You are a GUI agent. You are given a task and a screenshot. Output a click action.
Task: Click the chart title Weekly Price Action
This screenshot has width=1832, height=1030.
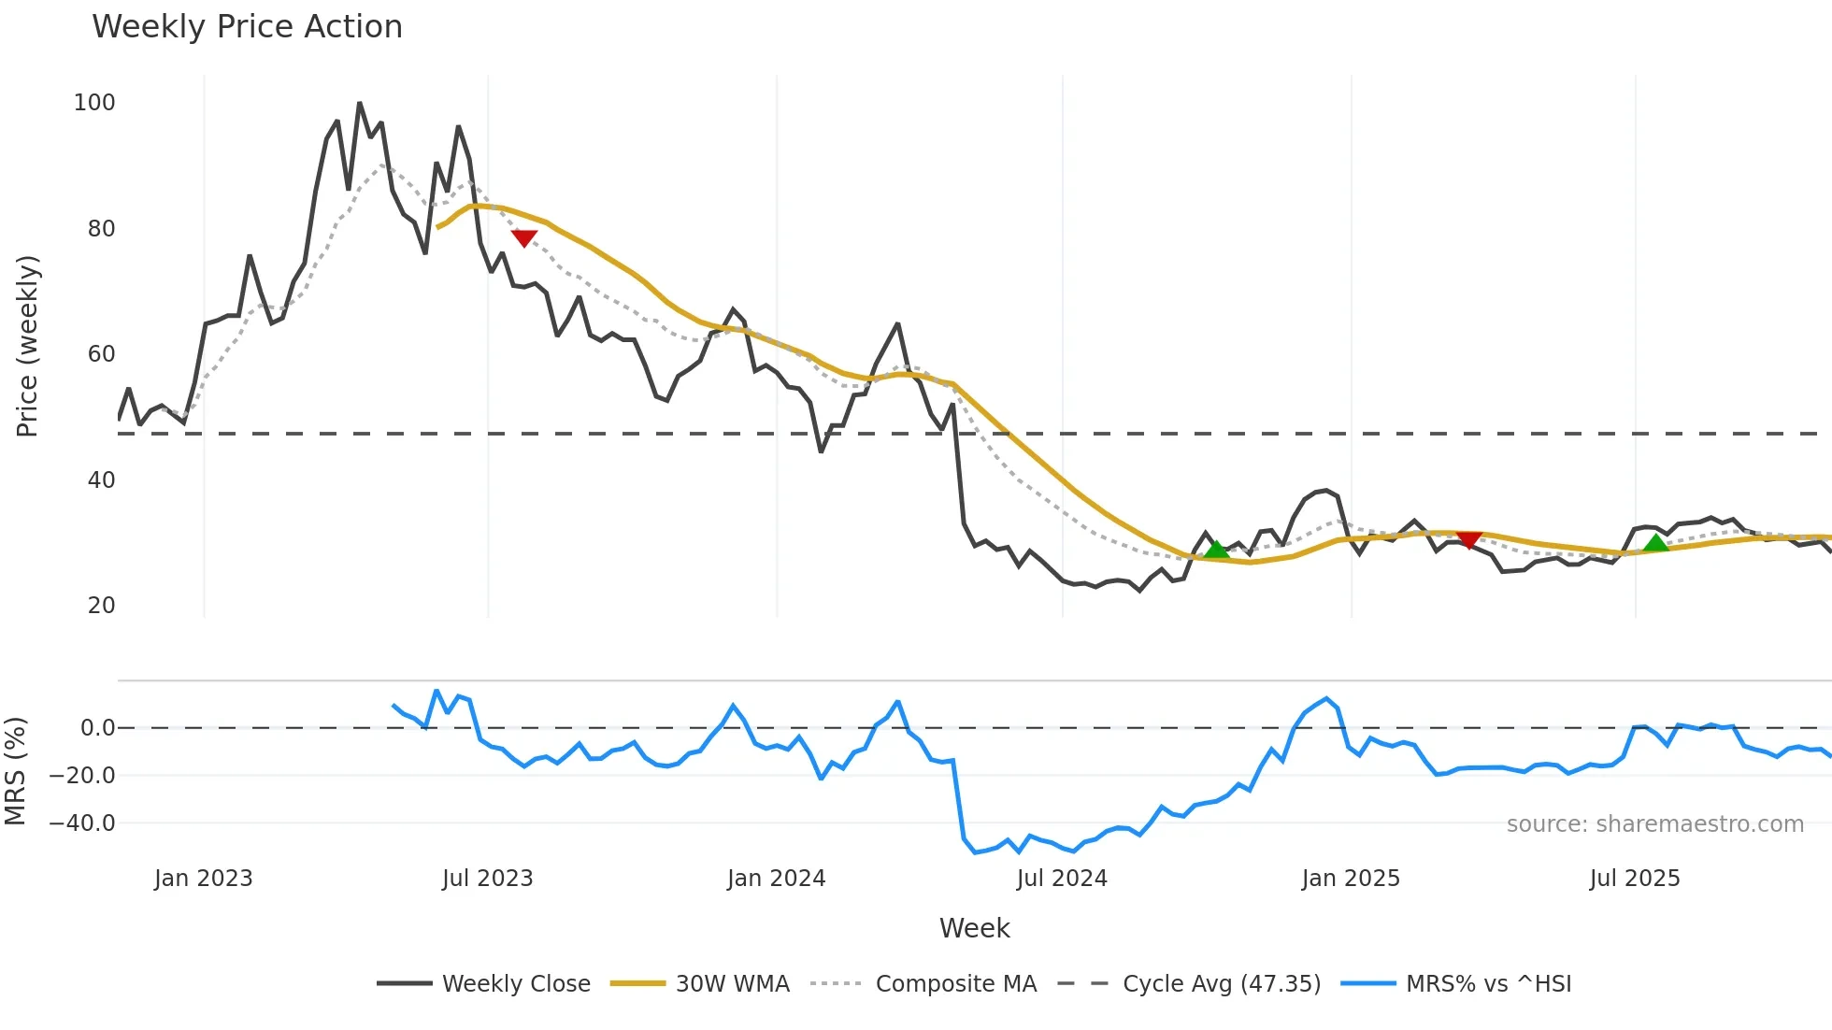247,27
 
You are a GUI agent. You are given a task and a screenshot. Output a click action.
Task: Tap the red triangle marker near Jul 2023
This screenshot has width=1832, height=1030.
524,237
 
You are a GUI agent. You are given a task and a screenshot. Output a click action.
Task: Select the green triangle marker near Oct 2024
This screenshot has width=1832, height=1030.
1216,550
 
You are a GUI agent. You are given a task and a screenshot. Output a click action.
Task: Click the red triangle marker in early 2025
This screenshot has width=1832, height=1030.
1468,539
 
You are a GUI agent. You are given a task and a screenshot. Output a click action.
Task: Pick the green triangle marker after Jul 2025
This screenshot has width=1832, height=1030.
1655,543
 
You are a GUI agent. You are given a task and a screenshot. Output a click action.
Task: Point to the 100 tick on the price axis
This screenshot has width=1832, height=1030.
94,103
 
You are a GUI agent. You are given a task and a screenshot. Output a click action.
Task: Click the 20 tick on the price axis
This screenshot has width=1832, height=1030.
101,606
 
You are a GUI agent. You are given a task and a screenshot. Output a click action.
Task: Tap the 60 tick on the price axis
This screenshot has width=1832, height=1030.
101,354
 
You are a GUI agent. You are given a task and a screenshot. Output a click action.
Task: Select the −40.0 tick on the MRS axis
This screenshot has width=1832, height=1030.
82,823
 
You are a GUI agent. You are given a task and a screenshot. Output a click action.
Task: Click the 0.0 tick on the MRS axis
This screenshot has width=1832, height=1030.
97,728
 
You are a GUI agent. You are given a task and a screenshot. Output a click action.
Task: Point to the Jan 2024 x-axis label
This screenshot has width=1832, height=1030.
776,879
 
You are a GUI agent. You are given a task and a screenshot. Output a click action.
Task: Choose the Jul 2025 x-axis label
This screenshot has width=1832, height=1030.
1634,879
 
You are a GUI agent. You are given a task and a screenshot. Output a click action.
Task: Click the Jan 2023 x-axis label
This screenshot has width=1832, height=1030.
203,879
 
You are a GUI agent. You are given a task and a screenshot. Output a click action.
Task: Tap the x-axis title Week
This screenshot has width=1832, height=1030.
974,928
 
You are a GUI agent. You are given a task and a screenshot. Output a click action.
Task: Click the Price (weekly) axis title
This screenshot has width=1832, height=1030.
27,346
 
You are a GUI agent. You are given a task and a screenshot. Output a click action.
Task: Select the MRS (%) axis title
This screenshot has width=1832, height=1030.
15,771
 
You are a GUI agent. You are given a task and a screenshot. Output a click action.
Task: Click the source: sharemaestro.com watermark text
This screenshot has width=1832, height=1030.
1654,824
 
